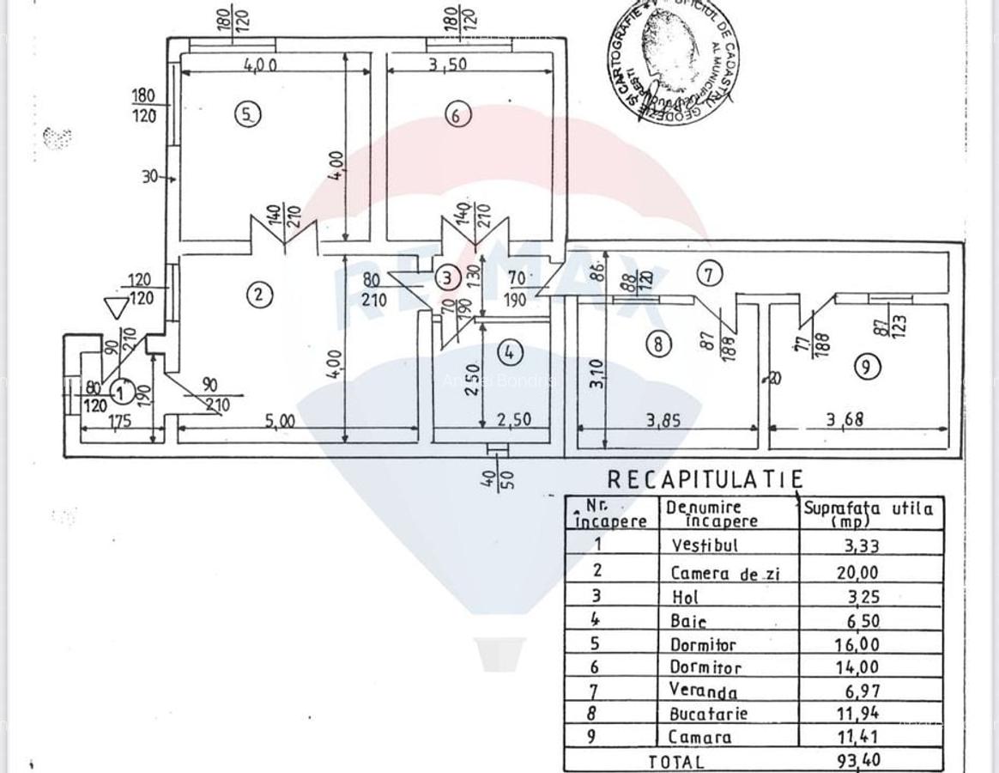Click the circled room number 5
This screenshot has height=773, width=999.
point(247,114)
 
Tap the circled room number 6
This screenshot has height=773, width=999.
point(458,114)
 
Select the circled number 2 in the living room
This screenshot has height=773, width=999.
point(258,295)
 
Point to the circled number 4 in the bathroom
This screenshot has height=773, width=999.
point(510,352)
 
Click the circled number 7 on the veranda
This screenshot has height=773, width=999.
point(709,274)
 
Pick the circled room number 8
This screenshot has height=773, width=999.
point(657,344)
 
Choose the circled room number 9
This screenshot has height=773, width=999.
point(867,367)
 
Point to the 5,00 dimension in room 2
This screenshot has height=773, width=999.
point(280,421)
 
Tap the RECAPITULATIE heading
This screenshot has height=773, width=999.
point(705,479)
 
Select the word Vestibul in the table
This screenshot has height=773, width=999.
point(704,545)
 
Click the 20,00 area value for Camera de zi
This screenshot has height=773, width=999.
point(859,572)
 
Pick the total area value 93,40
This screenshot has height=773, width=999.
point(859,760)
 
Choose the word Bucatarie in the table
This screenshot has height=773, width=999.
point(708,714)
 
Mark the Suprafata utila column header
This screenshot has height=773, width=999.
point(868,513)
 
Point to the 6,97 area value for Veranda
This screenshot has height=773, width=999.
point(859,691)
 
